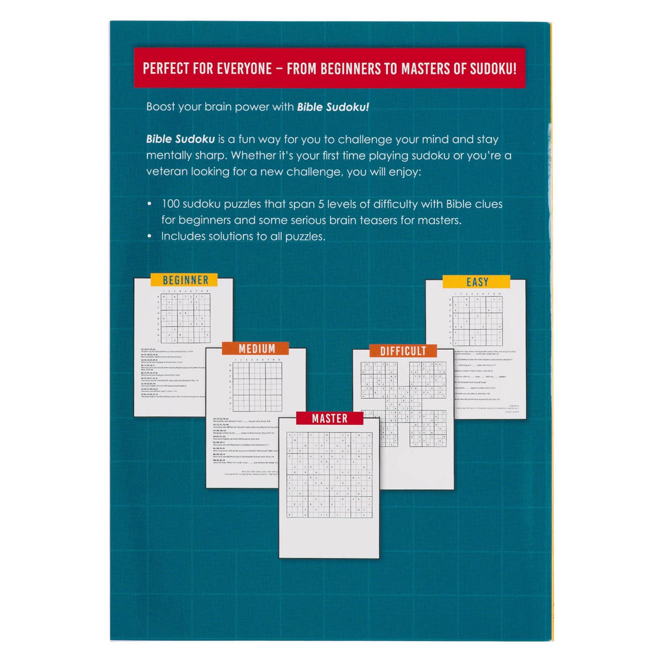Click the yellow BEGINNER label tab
(186, 280)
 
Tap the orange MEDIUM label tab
(256, 349)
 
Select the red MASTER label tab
(329, 419)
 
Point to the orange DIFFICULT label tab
(403, 351)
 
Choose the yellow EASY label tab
(477, 282)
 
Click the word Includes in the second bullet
(182, 236)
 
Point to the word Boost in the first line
(161, 107)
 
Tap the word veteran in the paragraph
(167, 172)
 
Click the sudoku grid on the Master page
(329, 474)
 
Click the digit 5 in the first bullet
(321, 204)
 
